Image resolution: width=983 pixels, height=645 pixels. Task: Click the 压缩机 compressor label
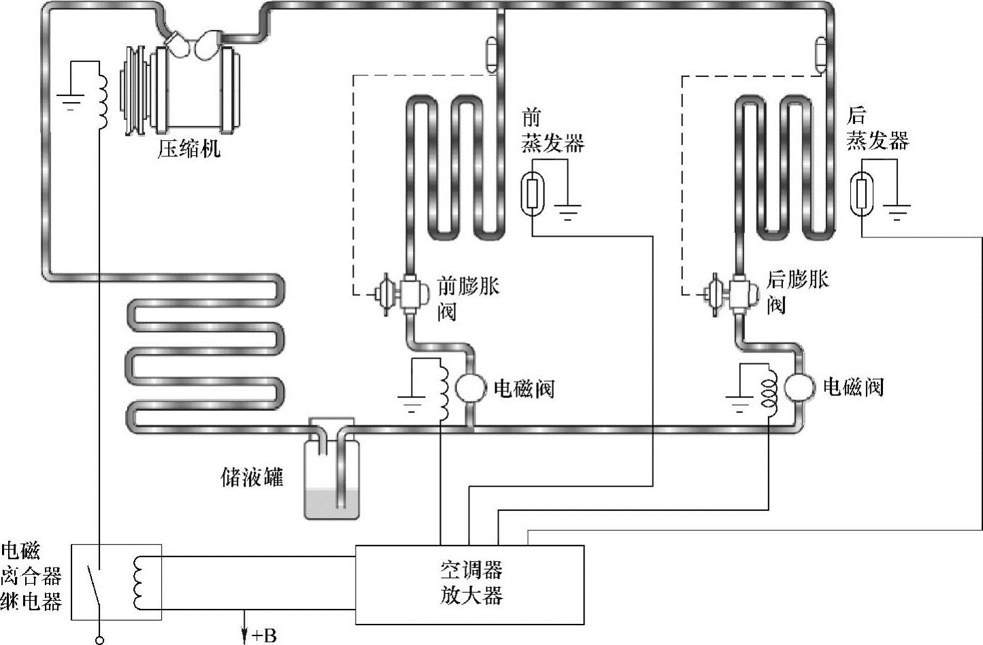point(189,148)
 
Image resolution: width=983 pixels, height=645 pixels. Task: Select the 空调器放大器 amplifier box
point(470,584)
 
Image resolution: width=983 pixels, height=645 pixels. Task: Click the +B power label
point(264,636)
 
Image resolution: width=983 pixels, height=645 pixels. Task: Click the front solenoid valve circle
point(469,388)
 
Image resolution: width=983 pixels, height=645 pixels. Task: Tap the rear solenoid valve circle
point(799,386)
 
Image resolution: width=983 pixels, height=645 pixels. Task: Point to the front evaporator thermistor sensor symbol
point(533,193)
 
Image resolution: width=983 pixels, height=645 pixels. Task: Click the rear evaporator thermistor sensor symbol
point(863,193)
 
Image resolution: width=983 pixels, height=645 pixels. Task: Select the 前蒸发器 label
point(552,131)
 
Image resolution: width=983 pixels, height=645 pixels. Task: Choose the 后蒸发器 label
point(877,129)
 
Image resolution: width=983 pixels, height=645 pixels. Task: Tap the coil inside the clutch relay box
point(139,583)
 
